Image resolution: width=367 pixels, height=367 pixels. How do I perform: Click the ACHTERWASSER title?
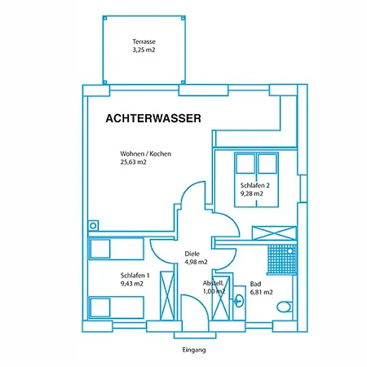click(x=153, y=118)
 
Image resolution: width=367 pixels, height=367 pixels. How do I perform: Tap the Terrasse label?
click(x=144, y=42)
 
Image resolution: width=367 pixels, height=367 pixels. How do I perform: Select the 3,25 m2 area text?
click(x=144, y=50)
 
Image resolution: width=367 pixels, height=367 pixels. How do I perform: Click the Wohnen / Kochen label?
click(x=145, y=154)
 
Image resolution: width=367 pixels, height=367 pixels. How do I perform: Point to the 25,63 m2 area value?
click(x=134, y=162)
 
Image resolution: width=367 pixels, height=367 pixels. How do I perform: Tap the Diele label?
click(x=192, y=253)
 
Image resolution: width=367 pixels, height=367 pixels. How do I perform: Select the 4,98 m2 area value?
click(x=196, y=262)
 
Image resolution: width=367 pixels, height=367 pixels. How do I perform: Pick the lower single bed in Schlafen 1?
click(x=115, y=307)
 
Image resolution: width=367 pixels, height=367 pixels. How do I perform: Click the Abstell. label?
click(x=214, y=283)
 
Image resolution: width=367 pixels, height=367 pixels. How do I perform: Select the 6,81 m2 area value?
click(x=261, y=291)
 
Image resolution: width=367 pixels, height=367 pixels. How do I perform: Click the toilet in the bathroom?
click(x=283, y=307)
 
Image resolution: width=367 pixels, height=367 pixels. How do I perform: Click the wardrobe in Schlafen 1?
click(x=168, y=293)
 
